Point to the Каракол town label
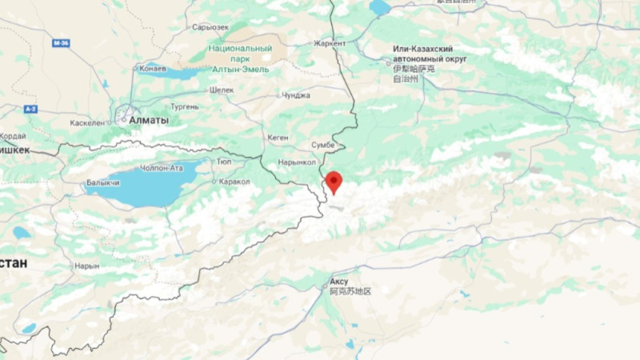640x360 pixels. tap(234, 182)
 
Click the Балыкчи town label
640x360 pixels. tap(103, 183)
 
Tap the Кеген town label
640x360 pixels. tap(278, 138)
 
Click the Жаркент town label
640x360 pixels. tap(330, 43)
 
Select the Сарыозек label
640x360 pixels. tap(211, 26)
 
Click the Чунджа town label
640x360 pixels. tap(295, 95)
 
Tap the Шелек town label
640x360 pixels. tap(222, 90)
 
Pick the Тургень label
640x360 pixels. tap(184, 106)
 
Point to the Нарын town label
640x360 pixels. tap(86, 266)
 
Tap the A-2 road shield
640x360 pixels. tap(30, 107)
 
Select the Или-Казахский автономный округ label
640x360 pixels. tap(430, 54)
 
